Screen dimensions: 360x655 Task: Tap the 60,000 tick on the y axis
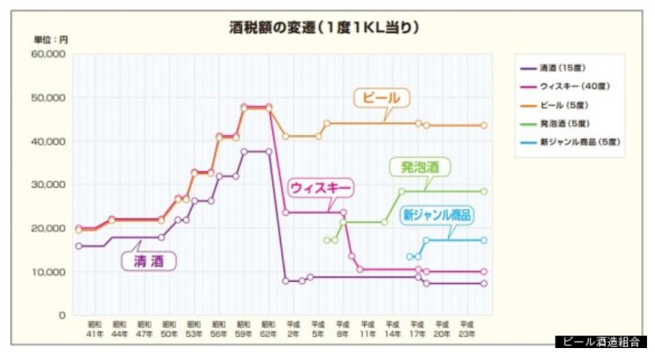tap(48, 54)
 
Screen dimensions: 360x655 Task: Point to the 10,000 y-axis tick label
tap(48, 272)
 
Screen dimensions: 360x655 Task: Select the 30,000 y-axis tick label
tap(48, 185)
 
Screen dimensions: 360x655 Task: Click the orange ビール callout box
tap(381, 98)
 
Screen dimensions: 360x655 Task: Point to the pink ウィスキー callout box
tap(320, 188)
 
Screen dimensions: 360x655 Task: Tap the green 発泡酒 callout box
tap(420, 167)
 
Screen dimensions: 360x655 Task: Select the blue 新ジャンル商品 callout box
tap(436, 215)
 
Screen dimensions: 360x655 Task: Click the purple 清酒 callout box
tap(149, 260)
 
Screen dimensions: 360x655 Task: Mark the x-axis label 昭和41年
tap(94, 328)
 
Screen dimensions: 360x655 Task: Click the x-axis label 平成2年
tap(292, 328)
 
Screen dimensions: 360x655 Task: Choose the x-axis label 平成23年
tap(467, 328)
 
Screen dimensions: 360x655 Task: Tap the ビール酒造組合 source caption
tap(601, 343)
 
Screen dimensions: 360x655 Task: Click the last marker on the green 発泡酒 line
tap(484, 191)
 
